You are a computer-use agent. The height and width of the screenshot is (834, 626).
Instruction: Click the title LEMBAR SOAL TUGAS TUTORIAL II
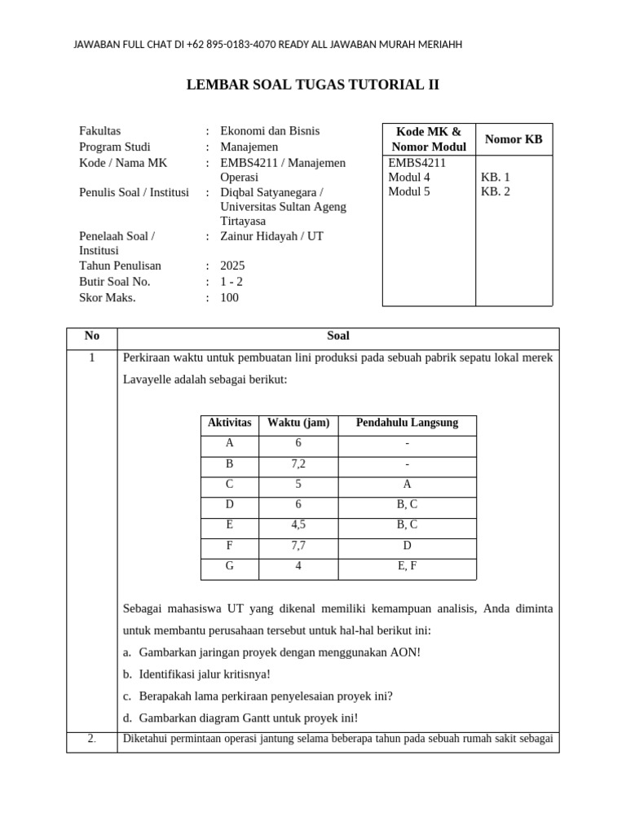point(313,85)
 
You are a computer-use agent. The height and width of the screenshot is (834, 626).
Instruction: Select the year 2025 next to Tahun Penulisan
point(232,266)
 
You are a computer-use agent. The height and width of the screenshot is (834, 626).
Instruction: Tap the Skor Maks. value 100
point(230,297)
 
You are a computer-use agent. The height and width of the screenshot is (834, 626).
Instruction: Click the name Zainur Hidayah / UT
point(271,236)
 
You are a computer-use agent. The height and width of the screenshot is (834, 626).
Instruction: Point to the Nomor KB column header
point(514,139)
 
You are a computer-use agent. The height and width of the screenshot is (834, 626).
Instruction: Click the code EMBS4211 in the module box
point(417,162)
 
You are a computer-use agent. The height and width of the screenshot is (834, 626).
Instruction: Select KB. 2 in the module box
point(495,192)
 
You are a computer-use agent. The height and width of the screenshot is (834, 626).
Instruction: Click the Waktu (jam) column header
point(298,423)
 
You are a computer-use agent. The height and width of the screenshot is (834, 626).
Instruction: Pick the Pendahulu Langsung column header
point(407,423)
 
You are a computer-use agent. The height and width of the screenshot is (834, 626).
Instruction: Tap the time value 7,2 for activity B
point(298,463)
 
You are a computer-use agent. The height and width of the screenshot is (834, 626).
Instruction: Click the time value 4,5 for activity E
point(298,525)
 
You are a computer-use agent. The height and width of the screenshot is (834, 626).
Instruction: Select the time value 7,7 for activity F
point(298,545)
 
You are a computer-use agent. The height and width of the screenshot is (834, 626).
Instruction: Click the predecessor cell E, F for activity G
point(407,565)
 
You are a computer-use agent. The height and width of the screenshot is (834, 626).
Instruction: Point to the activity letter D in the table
point(230,504)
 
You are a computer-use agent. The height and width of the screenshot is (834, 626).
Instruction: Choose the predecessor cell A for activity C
point(407,484)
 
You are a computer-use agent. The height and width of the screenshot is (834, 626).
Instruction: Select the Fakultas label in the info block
point(100,131)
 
